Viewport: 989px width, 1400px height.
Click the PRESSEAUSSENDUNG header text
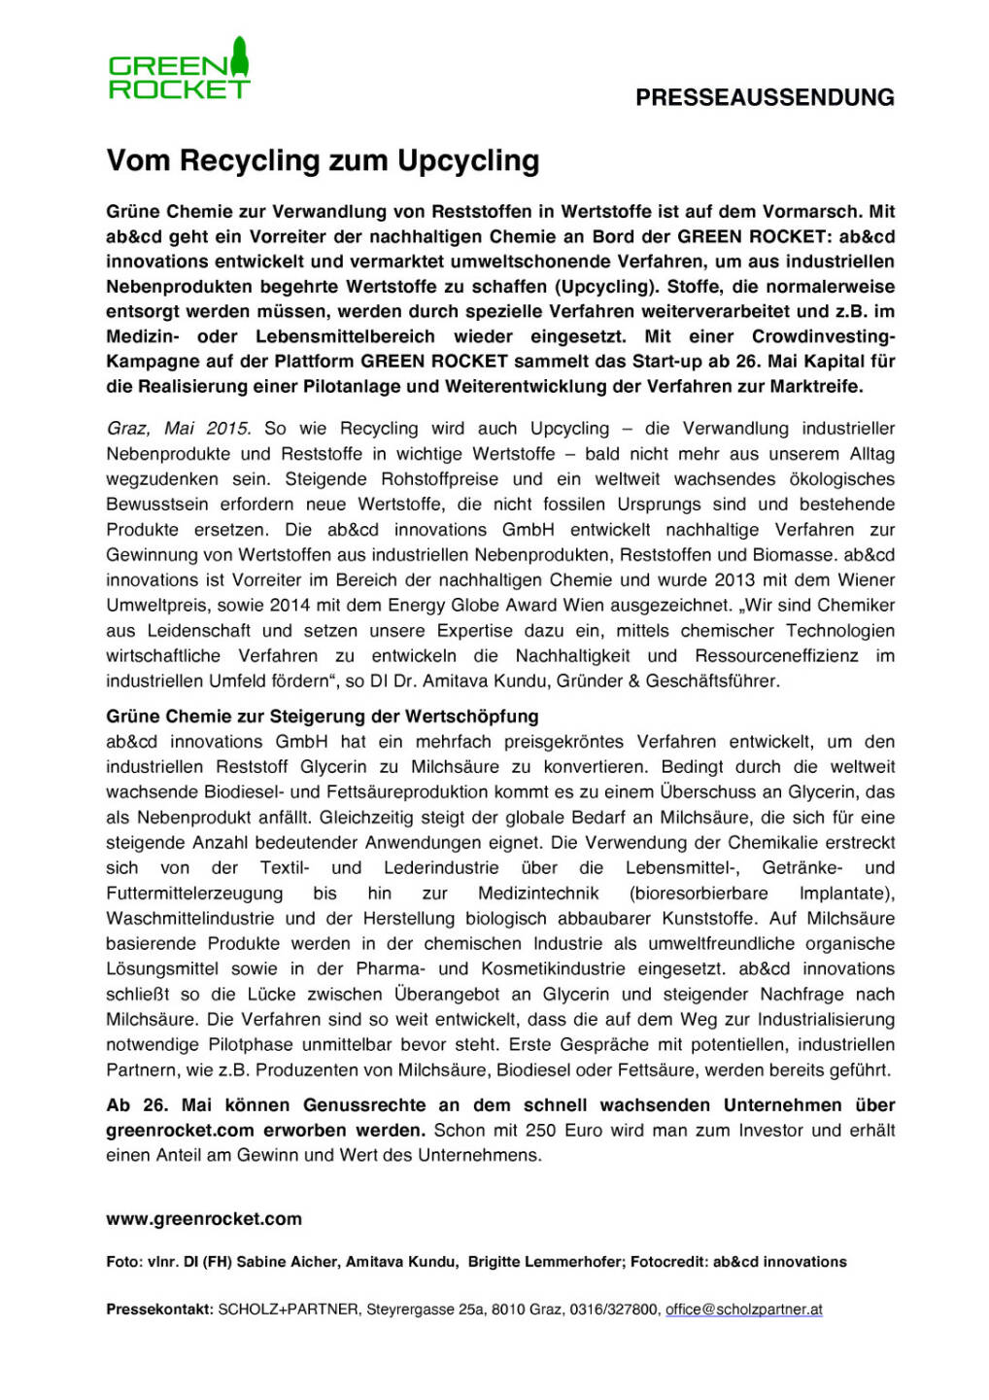click(x=765, y=97)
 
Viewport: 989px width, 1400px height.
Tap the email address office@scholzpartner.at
click(x=743, y=1310)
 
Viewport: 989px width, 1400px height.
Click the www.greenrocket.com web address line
click(x=204, y=1219)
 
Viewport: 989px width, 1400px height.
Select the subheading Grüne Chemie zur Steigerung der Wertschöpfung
click(x=322, y=717)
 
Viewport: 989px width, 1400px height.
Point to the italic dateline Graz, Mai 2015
click(x=179, y=429)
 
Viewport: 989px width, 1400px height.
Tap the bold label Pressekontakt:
click(x=159, y=1310)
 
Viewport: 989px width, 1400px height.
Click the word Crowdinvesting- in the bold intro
click(x=823, y=336)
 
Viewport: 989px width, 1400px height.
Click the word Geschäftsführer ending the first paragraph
click(x=718, y=682)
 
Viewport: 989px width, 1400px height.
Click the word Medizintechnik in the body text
click(x=538, y=893)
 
